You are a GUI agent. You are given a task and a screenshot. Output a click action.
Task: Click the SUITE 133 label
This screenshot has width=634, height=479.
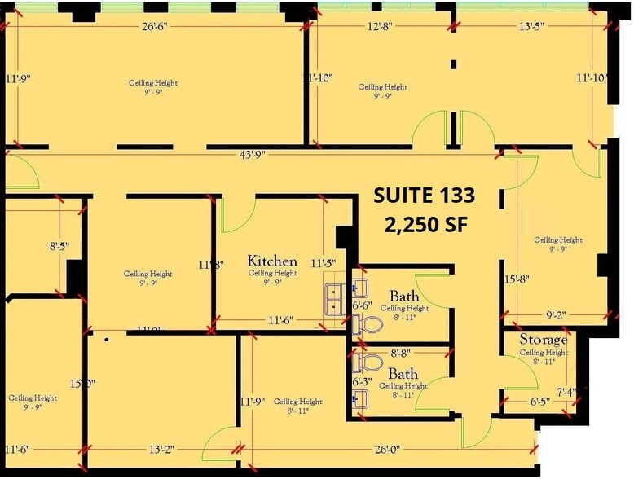click(424, 196)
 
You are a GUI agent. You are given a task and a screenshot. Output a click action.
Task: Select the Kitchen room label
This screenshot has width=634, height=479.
click(272, 261)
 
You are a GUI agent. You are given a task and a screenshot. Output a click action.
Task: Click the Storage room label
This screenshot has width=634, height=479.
click(544, 339)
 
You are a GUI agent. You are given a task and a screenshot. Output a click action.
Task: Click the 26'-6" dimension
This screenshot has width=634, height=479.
click(155, 25)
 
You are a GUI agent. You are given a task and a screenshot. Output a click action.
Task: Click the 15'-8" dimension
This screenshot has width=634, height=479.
click(517, 279)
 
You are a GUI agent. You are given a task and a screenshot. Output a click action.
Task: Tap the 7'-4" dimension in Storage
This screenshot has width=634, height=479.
click(566, 392)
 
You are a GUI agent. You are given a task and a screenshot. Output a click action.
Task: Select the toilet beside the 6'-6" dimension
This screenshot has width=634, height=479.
click(369, 326)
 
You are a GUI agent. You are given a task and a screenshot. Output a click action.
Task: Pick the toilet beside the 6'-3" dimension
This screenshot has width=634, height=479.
click(369, 362)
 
